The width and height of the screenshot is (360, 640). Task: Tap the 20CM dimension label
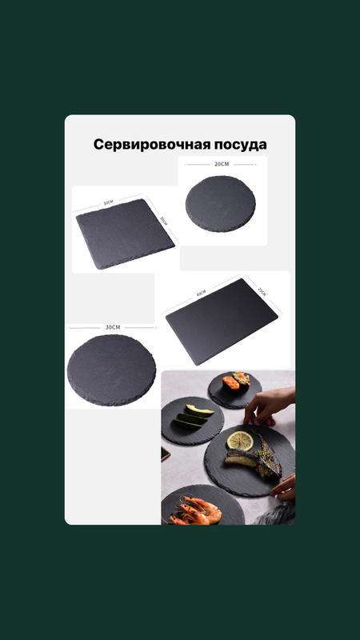click(x=221, y=164)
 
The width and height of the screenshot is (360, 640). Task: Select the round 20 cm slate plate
click(x=221, y=203)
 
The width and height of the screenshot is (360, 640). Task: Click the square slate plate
click(x=124, y=234)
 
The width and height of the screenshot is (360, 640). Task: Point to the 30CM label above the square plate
click(x=108, y=203)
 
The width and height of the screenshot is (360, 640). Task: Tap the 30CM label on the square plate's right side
click(x=162, y=220)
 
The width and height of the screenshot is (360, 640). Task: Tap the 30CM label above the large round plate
click(x=112, y=327)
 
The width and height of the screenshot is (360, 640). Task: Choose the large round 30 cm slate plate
click(x=111, y=370)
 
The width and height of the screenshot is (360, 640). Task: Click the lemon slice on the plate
click(x=239, y=439)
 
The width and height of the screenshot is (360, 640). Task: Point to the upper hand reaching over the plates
click(x=269, y=404)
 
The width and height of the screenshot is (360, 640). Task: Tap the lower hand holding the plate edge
click(x=283, y=486)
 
